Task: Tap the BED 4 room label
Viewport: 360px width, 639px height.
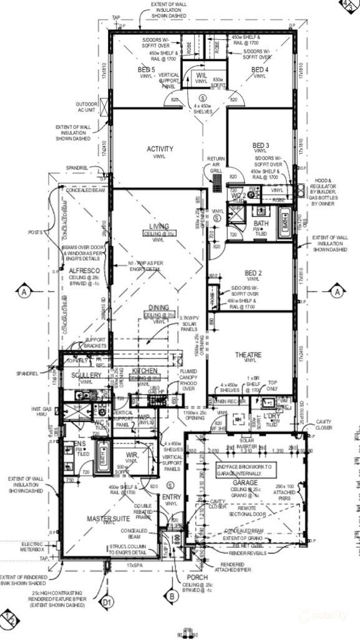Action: pos(260,69)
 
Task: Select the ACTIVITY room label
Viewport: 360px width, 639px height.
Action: pos(160,149)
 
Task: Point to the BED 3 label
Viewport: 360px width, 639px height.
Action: pos(261,145)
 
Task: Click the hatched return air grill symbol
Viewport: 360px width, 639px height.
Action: pos(216,181)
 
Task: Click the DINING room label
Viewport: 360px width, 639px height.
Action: pos(159,308)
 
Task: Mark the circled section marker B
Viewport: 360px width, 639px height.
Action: pos(172,597)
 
